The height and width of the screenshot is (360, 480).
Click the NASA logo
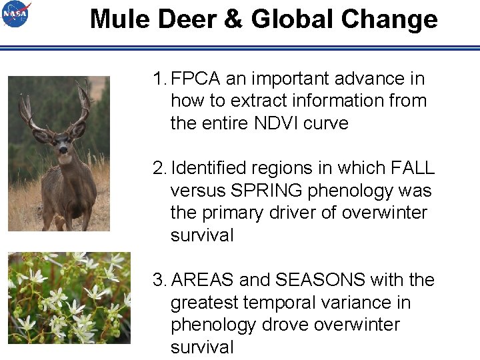tap(16, 14)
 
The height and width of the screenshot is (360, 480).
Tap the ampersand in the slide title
tap(234, 19)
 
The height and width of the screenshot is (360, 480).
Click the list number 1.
tap(157, 79)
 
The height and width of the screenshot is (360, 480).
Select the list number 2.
tap(158, 168)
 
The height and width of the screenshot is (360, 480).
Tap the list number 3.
tap(158, 280)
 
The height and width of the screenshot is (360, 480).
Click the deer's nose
tap(63, 151)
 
